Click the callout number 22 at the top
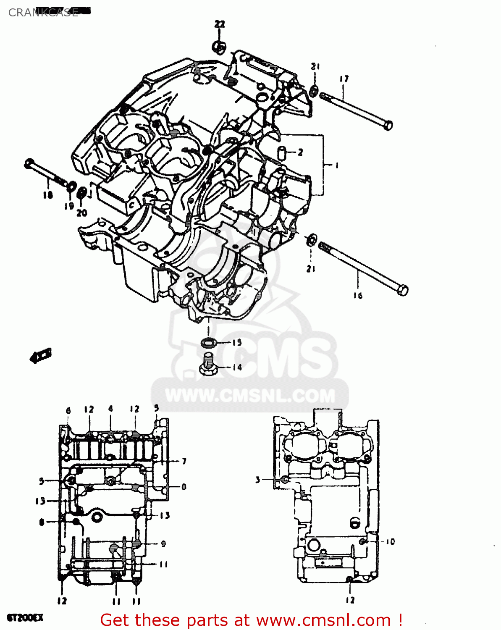pyautogui.click(x=220, y=24)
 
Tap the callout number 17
pyautogui.click(x=344, y=79)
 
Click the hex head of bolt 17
pyautogui.click(x=388, y=125)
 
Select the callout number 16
pyautogui.click(x=357, y=296)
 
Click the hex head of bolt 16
pyautogui.click(x=403, y=290)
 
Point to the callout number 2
pyautogui.click(x=300, y=152)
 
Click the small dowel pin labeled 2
pyautogui.click(x=282, y=152)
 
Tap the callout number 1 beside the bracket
pyautogui.click(x=336, y=165)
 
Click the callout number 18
pyautogui.click(x=47, y=195)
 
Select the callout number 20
pyautogui.click(x=81, y=213)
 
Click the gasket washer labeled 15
pyautogui.click(x=208, y=343)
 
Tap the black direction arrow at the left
pyautogui.click(x=41, y=356)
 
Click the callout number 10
pyautogui.click(x=390, y=542)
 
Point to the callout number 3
pyautogui.click(x=258, y=480)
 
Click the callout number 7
pyautogui.click(x=184, y=461)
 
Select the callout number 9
pyautogui.click(x=163, y=543)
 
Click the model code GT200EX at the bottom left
pyautogui.click(x=25, y=618)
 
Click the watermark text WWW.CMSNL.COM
pyautogui.click(x=250, y=396)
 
